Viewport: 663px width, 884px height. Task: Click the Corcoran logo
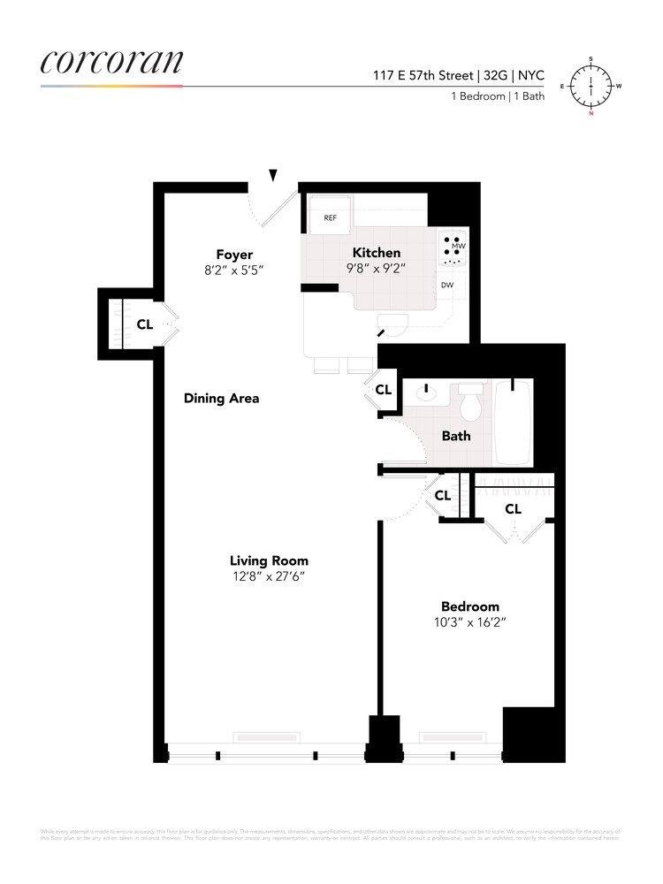coord(112,62)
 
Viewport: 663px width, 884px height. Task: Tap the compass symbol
coord(591,87)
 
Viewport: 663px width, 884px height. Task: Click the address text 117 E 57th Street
coord(423,76)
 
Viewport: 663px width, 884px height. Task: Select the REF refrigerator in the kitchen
coord(329,217)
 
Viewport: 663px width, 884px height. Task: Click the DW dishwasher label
coord(447,285)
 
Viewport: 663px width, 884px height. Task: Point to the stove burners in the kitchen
coord(453,250)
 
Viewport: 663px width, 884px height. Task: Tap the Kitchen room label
coord(377,253)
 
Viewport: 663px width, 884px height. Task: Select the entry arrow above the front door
coord(273,175)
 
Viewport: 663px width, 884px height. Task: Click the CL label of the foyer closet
coord(144,324)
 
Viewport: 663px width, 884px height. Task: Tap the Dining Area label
coord(221,398)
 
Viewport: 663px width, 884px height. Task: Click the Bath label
coord(456,436)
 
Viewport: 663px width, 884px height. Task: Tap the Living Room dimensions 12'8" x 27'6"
coord(269,576)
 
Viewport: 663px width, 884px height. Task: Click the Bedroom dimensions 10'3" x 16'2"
coord(470,622)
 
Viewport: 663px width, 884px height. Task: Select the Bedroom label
coord(470,606)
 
